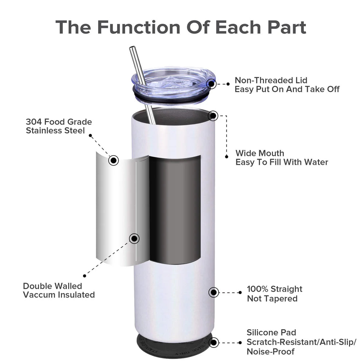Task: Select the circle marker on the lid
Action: pyautogui.click(x=211, y=84)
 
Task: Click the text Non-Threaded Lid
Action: pyautogui.click(x=271, y=80)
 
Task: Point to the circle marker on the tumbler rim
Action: pyautogui.click(x=213, y=116)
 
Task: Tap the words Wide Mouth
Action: pyautogui.click(x=260, y=153)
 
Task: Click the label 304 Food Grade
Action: pyautogui.click(x=59, y=122)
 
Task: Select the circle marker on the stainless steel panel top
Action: pyautogui.click(x=114, y=160)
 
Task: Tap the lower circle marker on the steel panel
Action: pyautogui.click(x=134, y=238)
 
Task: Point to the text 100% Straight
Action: pyautogui.click(x=275, y=289)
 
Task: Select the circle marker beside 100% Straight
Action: pyautogui.click(x=213, y=292)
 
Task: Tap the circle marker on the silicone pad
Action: pyautogui.click(x=214, y=342)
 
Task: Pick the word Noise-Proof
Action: pyautogui.click(x=271, y=352)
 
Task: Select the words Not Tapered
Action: pyautogui.click(x=272, y=299)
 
